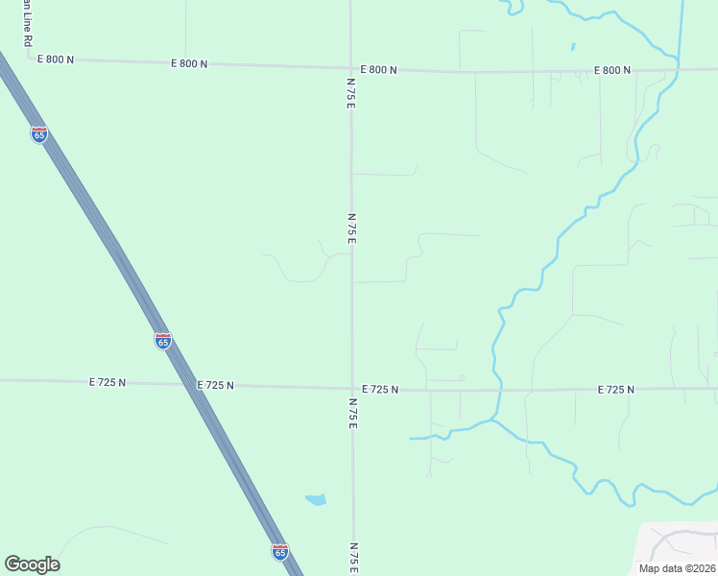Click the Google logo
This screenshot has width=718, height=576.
[32, 564]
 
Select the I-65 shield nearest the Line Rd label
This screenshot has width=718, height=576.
[38, 135]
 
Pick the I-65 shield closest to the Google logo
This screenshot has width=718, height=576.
[279, 552]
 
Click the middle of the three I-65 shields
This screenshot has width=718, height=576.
[162, 341]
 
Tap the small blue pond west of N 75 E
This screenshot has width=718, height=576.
[315, 499]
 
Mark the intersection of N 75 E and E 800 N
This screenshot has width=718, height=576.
[350, 68]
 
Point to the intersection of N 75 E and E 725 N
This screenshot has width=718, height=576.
[352, 388]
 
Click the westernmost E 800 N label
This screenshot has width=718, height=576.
[56, 60]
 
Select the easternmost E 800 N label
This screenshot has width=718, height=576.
[612, 70]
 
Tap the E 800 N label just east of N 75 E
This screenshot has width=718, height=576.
[379, 70]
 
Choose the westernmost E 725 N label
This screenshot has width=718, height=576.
[108, 382]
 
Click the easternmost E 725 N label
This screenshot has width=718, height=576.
[615, 390]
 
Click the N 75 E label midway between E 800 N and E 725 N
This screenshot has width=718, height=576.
[351, 228]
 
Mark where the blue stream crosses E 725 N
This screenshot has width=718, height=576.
[496, 390]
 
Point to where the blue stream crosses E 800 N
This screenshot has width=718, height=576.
[678, 69]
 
